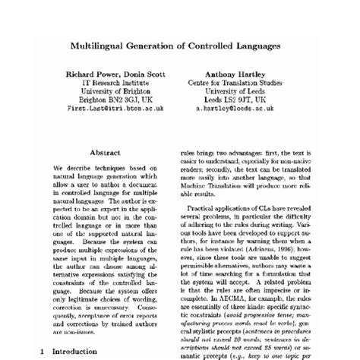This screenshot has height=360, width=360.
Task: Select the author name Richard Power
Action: [87, 74]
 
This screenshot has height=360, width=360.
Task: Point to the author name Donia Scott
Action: [142, 74]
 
